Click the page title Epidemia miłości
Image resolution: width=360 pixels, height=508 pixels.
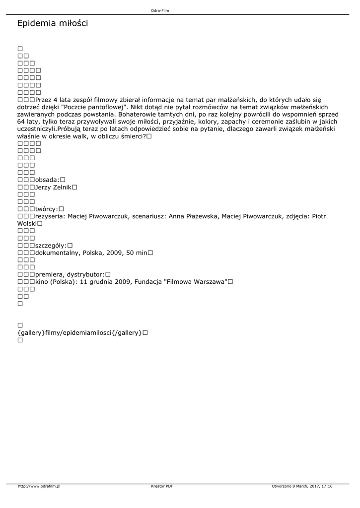52,23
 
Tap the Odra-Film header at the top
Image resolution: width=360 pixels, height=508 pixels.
160,10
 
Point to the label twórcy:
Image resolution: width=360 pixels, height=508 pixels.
47,209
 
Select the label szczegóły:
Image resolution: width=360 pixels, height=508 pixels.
51,245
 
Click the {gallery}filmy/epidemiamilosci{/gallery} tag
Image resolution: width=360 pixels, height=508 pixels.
79,332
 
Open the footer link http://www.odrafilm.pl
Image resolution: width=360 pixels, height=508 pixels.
39,486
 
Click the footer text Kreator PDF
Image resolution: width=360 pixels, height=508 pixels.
162,486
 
